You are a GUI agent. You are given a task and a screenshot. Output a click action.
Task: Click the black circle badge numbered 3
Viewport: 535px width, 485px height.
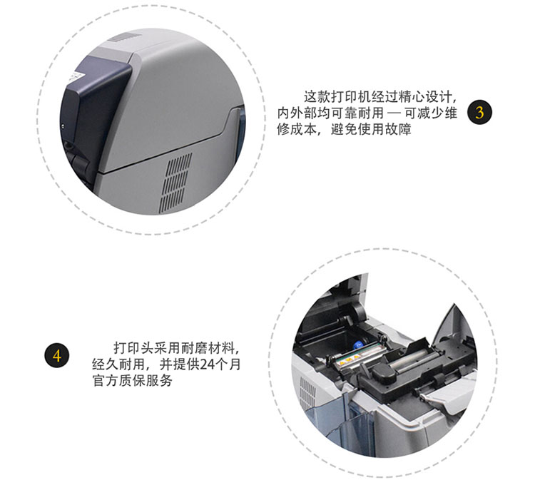point(479,112)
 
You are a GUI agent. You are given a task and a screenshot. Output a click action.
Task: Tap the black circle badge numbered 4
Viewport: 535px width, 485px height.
point(57,355)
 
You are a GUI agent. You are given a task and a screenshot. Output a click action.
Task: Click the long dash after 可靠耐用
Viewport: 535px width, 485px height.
point(394,113)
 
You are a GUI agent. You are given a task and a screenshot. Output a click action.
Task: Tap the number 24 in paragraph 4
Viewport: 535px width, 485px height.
point(207,364)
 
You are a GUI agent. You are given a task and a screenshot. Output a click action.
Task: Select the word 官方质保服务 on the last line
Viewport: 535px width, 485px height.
point(132,380)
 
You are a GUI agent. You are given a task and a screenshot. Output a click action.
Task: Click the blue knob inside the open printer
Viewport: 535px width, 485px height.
point(358,344)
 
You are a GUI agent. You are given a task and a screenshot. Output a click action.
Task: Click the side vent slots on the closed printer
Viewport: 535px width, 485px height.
point(175,183)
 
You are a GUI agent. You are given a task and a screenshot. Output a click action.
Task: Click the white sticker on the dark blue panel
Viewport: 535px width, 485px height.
point(74,77)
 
